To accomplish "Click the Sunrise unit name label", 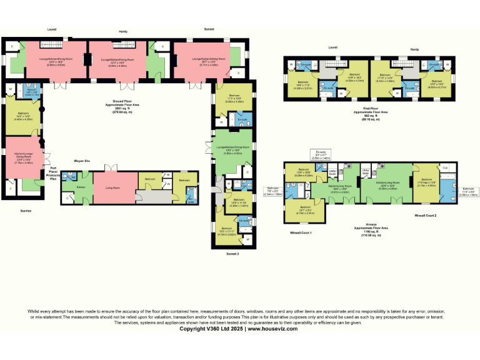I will click(x=24, y=211).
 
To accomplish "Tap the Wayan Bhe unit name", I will click(x=82, y=161).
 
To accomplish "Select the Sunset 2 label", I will click(x=233, y=254).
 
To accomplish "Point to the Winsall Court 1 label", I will click(x=301, y=232).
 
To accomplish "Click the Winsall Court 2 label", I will click(x=425, y=215).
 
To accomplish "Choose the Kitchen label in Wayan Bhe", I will click(x=81, y=187).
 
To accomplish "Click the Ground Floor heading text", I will click(x=125, y=102).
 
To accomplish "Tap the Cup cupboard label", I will click(x=444, y=168).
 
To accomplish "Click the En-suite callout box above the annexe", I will click(x=322, y=154).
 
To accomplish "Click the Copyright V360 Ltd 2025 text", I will click(x=211, y=328).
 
